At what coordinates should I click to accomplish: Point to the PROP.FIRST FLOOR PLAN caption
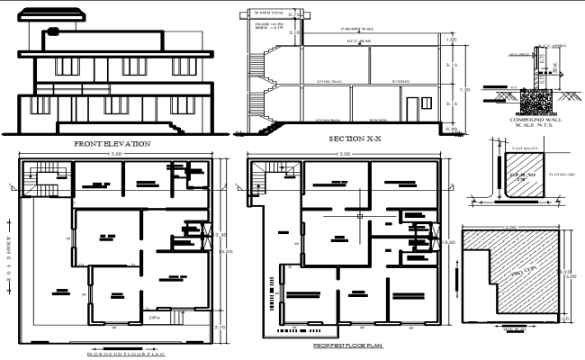tap(347, 346)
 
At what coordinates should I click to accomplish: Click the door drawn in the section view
tap(411, 111)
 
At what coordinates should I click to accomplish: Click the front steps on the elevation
tap(179, 128)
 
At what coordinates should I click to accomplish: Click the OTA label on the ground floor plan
tap(154, 317)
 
